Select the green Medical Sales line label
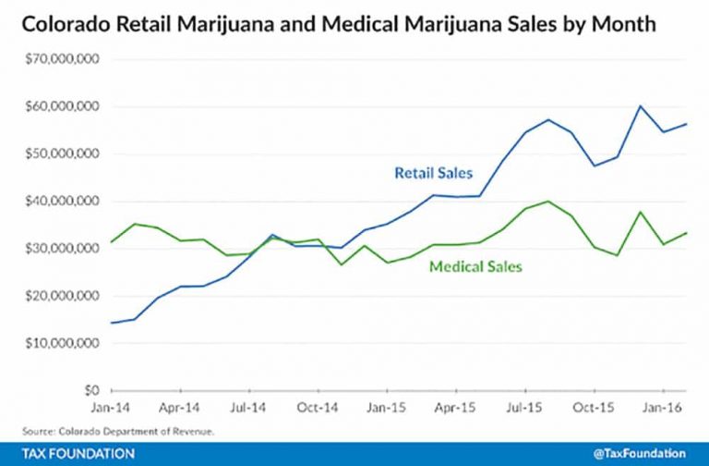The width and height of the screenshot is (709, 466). coord(476,267)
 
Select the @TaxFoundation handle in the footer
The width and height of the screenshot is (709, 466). coord(639,453)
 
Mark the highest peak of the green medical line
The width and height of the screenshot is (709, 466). coord(548,201)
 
